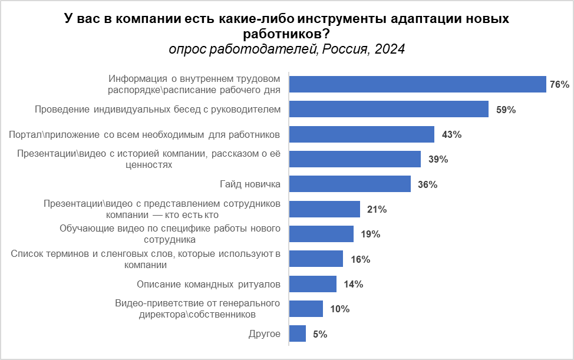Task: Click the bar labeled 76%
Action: [418, 85]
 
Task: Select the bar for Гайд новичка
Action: [351, 184]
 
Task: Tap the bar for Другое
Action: [298, 334]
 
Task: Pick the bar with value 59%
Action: [390, 110]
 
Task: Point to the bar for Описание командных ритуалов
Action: [313, 285]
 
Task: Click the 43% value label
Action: [451, 134]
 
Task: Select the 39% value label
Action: [438, 160]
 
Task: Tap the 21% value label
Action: [377, 209]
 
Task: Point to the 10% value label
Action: [340, 309]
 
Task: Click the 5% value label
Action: [320, 334]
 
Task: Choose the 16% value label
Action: [360, 259]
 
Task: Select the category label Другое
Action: [265, 334]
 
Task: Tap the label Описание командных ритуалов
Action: [209, 285]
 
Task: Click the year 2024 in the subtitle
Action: [388, 49]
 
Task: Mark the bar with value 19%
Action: [322, 235]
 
